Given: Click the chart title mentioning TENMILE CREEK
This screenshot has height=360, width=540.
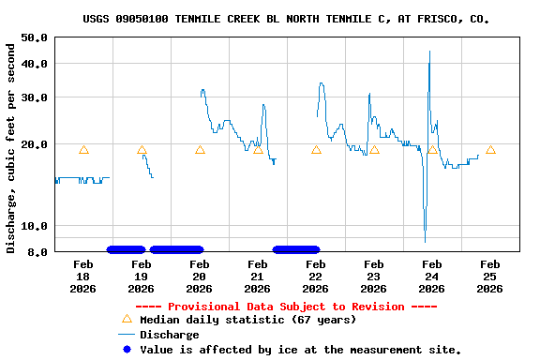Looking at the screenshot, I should click(286, 19).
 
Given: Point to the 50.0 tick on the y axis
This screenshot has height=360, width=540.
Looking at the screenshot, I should click(35, 37).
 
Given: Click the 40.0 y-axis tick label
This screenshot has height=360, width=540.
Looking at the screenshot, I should click(35, 64).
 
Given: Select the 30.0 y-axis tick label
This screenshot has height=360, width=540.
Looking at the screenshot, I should click(35, 97).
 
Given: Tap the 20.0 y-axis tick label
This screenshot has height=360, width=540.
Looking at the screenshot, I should click(35, 145).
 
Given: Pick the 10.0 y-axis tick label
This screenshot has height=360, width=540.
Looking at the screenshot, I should click(35, 226).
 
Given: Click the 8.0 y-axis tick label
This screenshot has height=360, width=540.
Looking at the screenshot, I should click(37, 252).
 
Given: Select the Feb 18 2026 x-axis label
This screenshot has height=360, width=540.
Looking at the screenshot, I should click(82, 277).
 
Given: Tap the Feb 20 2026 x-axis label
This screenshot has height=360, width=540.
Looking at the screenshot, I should click(199, 277).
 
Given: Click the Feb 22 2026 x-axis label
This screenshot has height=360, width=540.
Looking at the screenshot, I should click(315, 277).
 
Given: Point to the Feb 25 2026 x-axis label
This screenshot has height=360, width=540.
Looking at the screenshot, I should click(489, 277).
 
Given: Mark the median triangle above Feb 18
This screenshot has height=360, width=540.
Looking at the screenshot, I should click(83, 150).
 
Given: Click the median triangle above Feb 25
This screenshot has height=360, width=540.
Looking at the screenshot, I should click(490, 150).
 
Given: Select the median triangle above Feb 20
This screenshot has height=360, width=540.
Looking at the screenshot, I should click(200, 150).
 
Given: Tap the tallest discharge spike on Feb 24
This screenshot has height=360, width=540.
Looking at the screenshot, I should click(429, 52).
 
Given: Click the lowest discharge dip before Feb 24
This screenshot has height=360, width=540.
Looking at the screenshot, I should click(425, 240).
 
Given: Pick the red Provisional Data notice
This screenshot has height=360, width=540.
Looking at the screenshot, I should click(286, 307).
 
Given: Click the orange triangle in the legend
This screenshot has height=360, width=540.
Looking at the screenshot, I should click(127, 320).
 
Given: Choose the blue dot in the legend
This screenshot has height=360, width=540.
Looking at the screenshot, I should click(127, 350).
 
